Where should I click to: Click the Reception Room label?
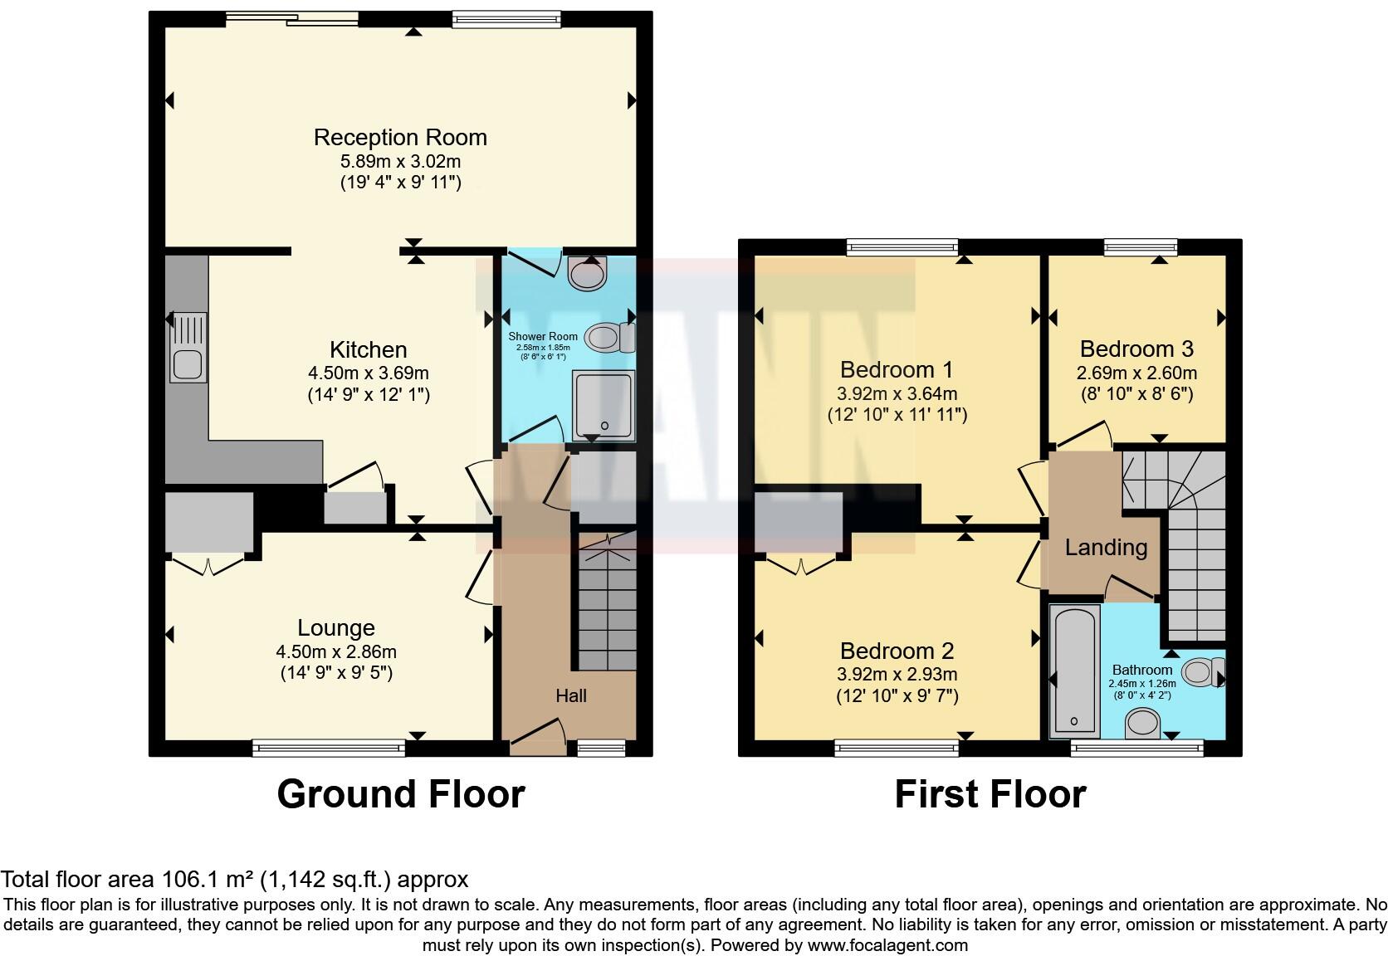click(400, 137)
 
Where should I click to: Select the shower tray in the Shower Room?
click(604, 405)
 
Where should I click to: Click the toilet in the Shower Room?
click(610, 338)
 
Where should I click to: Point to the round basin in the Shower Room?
click(588, 273)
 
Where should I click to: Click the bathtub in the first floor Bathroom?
click(1075, 671)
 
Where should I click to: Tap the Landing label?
click(1106, 547)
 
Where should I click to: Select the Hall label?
click(571, 695)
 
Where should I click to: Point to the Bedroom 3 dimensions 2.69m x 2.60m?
click(1136, 373)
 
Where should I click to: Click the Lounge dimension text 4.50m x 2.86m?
click(336, 651)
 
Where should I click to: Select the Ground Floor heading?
click(400, 794)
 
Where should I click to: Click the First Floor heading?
click(990, 794)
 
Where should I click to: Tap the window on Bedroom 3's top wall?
click(1141, 246)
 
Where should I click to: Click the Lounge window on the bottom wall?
click(329, 749)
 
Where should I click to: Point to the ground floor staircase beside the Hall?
click(607, 610)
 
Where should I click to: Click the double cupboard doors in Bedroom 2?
click(801, 567)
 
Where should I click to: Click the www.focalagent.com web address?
click(887, 944)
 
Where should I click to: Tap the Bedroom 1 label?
click(897, 369)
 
